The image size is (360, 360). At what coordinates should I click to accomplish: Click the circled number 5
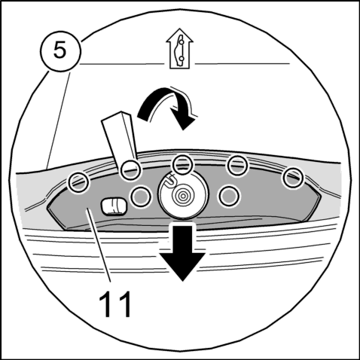(60, 51)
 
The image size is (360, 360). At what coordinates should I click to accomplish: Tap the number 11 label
(115, 304)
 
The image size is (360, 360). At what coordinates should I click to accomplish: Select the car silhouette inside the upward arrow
(180, 50)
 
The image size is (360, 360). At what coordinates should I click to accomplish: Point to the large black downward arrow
(182, 251)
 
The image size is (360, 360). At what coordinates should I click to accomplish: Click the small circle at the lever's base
(130, 170)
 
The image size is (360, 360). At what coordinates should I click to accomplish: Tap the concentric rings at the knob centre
(183, 195)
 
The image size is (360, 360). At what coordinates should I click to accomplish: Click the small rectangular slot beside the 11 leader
(114, 206)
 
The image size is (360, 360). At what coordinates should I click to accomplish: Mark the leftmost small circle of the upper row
(79, 182)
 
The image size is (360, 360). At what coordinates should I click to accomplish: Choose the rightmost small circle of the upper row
(293, 178)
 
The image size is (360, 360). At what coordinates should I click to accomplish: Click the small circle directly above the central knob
(184, 165)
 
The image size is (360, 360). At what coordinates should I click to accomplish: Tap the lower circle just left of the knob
(141, 197)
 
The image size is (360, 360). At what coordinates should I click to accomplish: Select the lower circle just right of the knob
(229, 196)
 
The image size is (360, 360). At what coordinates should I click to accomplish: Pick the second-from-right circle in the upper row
(237, 165)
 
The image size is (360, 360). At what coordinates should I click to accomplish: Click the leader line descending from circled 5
(59, 120)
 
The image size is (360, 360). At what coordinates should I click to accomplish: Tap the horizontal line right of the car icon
(243, 63)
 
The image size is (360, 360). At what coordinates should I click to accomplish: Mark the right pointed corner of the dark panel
(321, 197)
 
